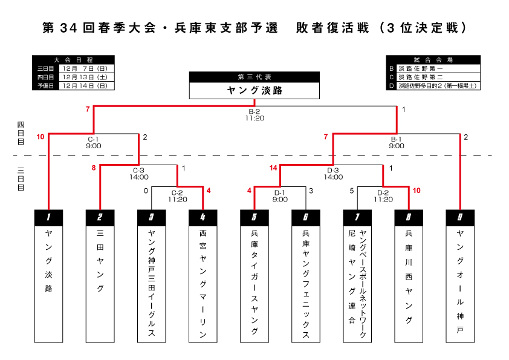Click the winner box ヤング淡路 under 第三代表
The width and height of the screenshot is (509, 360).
click(x=254, y=91)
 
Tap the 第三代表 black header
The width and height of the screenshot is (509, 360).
click(x=254, y=77)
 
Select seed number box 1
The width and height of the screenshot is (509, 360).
click(x=48, y=217)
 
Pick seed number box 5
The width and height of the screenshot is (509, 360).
click(x=254, y=217)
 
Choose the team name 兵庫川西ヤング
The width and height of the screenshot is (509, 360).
click(x=409, y=276)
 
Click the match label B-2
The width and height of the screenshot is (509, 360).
click(x=254, y=111)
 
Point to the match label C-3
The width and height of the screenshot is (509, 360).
click(x=138, y=171)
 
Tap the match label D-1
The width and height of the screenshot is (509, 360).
click(x=280, y=193)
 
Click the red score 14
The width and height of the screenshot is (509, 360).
click(x=273, y=168)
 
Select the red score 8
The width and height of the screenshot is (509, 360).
click(x=94, y=168)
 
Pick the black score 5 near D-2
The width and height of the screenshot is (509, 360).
click(x=352, y=191)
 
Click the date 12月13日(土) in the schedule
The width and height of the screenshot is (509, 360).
click(x=84, y=77)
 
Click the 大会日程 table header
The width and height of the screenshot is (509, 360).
click(x=73, y=60)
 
